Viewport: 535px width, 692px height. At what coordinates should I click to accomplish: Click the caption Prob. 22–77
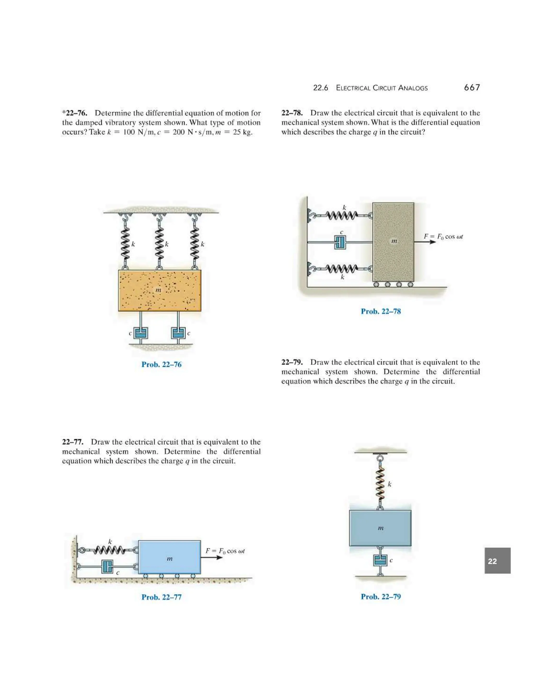(161, 597)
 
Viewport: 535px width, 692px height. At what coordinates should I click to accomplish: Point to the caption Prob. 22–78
(381, 311)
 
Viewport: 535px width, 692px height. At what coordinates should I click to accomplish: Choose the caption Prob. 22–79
(381, 597)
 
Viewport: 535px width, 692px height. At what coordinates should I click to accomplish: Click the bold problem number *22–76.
(75, 113)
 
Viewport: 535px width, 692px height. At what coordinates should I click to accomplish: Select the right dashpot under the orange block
(178, 333)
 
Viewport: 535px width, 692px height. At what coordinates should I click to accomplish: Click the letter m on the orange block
(158, 290)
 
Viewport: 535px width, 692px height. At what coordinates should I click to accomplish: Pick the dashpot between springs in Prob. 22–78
(340, 242)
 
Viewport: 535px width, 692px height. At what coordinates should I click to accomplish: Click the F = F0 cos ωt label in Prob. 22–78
(443, 236)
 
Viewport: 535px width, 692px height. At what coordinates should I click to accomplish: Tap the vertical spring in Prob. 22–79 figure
(380, 484)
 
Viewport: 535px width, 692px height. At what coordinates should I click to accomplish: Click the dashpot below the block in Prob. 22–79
(380, 560)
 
